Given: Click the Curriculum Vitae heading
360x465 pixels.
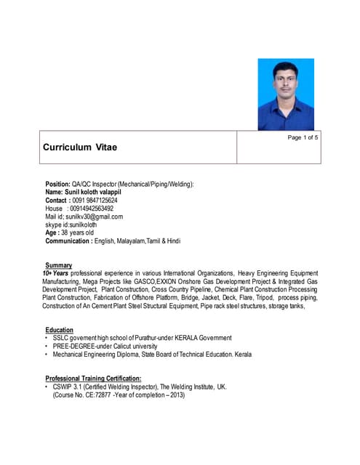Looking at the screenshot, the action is click(x=80, y=147).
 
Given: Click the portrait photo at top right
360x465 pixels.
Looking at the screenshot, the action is click(x=286, y=94).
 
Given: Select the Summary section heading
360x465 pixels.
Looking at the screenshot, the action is click(x=59, y=265).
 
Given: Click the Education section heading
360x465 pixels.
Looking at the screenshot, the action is click(x=60, y=330).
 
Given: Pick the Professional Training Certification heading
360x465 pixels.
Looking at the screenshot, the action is click(x=93, y=379).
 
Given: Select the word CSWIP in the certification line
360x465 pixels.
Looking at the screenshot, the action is click(x=63, y=387).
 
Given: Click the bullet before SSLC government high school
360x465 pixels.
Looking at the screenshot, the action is click(x=46, y=338).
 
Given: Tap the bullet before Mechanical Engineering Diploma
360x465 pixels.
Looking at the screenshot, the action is click(x=46, y=355).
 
